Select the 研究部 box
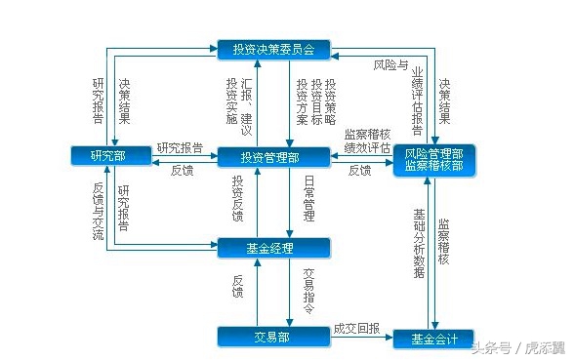pyautogui.click(x=106, y=156)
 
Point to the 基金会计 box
pyautogui.click(x=433, y=340)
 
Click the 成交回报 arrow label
pyautogui.click(x=355, y=329)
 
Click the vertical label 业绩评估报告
pyautogui.click(x=417, y=101)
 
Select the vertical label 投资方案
pyautogui.click(x=303, y=101)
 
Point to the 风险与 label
pyautogui.click(x=391, y=65)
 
